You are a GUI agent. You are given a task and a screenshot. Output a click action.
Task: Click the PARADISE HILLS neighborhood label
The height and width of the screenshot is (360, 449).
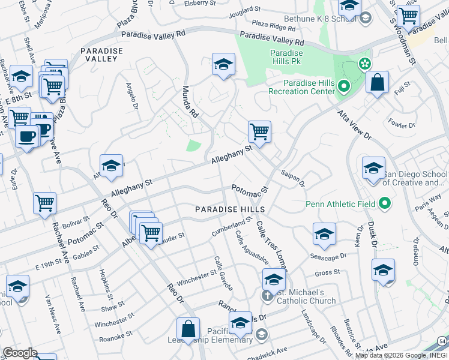(231, 209)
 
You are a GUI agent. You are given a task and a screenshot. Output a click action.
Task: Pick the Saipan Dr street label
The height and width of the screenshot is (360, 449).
(293, 178)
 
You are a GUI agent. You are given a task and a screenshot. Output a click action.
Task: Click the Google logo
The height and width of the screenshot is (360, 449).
(20, 352)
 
